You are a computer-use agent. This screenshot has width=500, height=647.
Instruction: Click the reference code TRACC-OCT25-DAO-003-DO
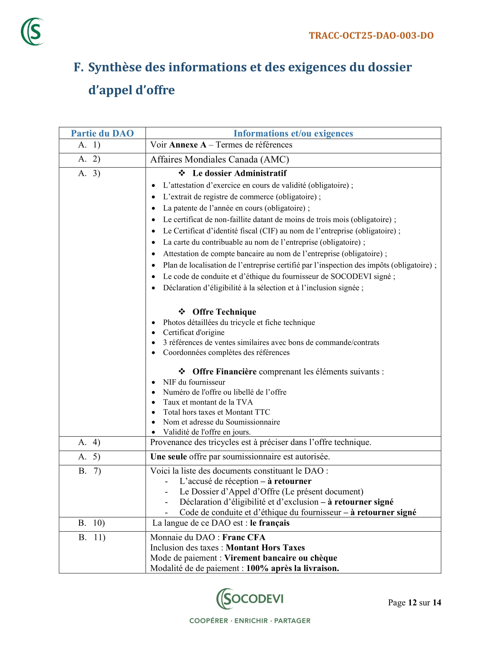click(371, 36)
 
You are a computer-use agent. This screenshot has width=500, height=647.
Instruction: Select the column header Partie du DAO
click(102, 133)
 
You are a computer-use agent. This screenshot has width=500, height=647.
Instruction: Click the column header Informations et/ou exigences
click(293, 133)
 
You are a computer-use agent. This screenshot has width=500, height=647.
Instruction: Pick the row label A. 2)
click(89, 159)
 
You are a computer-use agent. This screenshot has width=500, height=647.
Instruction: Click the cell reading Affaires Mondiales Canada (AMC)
click(219, 160)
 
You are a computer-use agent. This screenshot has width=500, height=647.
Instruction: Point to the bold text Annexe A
click(188, 145)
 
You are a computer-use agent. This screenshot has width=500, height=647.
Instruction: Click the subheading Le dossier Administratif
click(239, 173)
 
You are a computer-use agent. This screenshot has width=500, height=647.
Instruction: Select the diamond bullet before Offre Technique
click(182, 311)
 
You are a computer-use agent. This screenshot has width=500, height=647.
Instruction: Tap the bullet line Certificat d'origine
click(194, 332)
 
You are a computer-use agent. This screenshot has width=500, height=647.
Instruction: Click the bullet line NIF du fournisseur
click(194, 382)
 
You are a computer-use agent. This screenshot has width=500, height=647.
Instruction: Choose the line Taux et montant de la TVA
click(208, 402)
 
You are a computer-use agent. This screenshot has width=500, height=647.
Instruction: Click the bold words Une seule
click(168, 456)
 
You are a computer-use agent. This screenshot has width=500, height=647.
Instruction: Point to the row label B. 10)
click(91, 523)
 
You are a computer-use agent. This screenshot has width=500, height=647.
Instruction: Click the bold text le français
click(269, 523)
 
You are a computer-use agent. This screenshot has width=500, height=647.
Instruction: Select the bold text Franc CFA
click(244, 537)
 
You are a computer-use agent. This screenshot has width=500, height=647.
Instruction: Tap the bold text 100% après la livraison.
click(292, 568)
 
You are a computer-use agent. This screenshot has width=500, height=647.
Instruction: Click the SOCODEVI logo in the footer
click(250, 599)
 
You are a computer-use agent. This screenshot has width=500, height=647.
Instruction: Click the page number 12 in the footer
click(412, 603)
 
